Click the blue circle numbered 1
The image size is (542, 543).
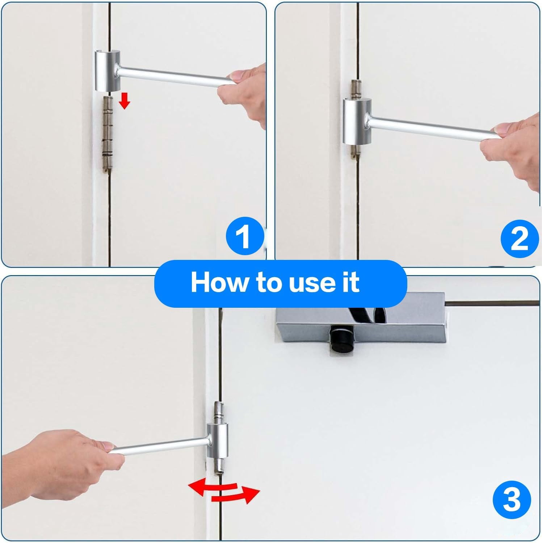click(x=244, y=236)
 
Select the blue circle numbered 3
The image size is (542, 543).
click(x=512, y=500)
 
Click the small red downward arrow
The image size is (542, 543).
click(x=125, y=100)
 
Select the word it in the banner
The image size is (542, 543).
click(x=350, y=282)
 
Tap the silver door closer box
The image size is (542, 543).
click(x=362, y=319)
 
